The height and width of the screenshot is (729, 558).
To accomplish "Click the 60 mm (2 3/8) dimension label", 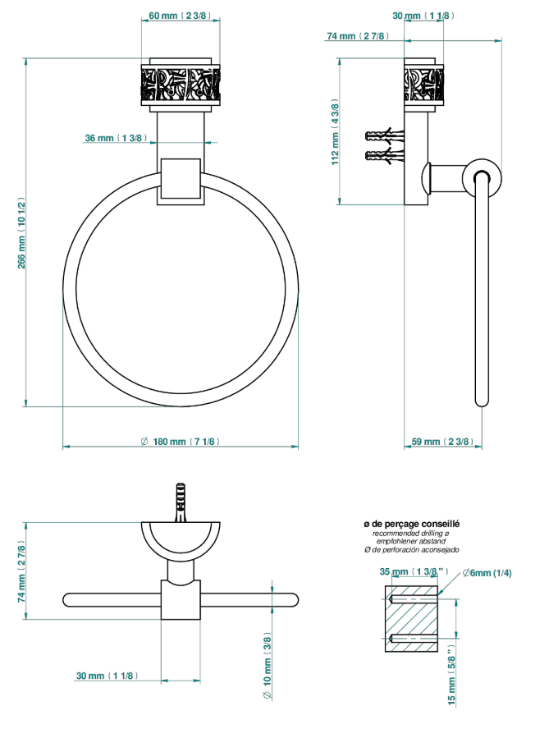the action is pyautogui.click(x=181, y=16).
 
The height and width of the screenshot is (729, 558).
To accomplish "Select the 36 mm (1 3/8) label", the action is pyautogui.click(x=117, y=138).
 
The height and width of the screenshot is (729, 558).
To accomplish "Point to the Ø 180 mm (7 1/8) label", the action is pyautogui.click(x=181, y=441).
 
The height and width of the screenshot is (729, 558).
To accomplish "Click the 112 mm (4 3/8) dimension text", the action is pyautogui.click(x=335, y=131).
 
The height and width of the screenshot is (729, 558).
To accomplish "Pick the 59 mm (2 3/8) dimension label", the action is pyautogui.click(x=443, y=441).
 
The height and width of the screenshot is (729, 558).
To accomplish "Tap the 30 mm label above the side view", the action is pyautogui.click(x=423, y=16).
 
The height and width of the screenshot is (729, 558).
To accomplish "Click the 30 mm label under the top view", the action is pyautogui.click(x=107, y=675).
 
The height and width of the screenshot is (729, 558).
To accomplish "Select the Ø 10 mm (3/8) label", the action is pyautogui.click(x=268, y=665).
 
